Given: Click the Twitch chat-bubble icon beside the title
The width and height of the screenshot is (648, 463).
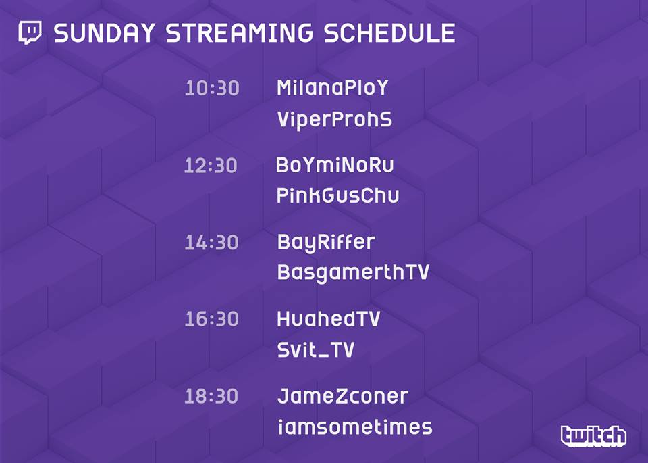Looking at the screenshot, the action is pyautogui.click(x=30, y=32).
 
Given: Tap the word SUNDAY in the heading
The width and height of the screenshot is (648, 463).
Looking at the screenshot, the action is pyautogui.click(x=104, y=33).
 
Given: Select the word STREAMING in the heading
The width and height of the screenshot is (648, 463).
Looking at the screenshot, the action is pyautogui.click(x=239, y=33).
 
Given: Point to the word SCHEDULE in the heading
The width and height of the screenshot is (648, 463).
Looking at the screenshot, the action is pyautogui.click(x=389, y=33).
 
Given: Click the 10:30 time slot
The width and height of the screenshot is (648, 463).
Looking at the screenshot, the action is pyautogui.click(x=212, y=88).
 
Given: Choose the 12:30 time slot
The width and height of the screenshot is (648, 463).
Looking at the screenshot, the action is pyautogui.click(x=211, y=166).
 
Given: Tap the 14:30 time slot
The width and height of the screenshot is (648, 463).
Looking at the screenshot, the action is pyautogui.click(x=211, y=243).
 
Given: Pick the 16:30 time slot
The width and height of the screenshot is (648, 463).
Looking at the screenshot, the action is pyautogui.click(x=211, y=319).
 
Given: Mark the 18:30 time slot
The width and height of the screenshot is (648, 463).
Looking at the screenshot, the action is pyautogui.click(x=211, y=396).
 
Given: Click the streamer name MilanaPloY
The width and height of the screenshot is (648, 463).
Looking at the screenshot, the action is pyautogui.click(x=333, y=88).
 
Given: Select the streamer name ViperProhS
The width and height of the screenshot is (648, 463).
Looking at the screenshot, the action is pyautogui.click(x=334, y=120).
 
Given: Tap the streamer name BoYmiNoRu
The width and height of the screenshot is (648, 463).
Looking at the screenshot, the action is pyautogui.click(x=335, y=165).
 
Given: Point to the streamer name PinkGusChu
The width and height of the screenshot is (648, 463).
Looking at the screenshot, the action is pyautogui.click(x=337, y=195).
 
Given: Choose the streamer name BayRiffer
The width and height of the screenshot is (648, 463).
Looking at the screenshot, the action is pyautogui.click(x=326, y=243).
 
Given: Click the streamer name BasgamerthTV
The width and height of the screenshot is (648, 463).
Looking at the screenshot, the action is pyautogui.click(x=353, y=273).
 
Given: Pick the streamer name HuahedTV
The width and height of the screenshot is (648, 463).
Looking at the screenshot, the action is pyautogui.click(x=329, y=319).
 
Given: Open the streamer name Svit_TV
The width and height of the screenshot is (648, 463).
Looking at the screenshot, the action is pyautogui.click(x=316, y=350).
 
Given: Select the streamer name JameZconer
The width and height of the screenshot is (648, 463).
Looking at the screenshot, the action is pyautogui.click(x=343, y=396).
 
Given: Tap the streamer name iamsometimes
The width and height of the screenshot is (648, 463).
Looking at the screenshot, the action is pyautogui.click(x=355, y=427).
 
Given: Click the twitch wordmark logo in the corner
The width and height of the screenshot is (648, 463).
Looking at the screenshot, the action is pyautogui.click(x=593, y=436).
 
